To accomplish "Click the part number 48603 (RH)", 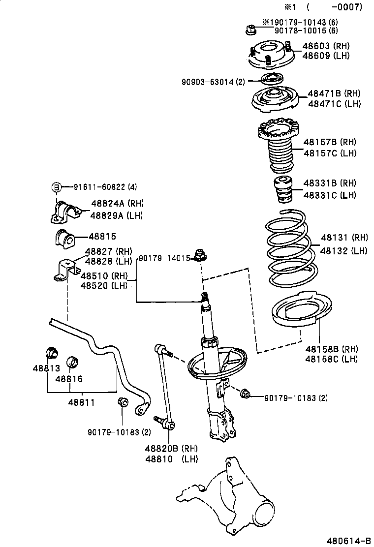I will (326, 46).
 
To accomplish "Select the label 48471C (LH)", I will (334, 104).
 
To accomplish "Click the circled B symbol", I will (57, 187).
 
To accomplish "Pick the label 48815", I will (102, 237).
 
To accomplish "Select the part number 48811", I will (81, 402).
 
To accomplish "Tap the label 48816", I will (68, 379).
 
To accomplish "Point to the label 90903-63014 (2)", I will (213, 82).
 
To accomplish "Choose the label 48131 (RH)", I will (344, 238).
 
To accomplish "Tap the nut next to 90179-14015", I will (200, 255).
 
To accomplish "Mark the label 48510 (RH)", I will (104, 276).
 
